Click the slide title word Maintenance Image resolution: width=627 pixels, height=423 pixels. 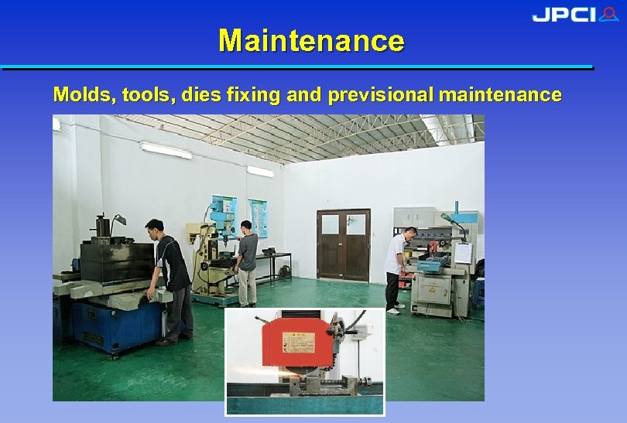(311, 40)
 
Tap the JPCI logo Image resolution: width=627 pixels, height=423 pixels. (574, 15)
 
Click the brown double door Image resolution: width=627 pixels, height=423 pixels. (343, 244)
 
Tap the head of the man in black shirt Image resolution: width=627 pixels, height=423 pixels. (155, 229)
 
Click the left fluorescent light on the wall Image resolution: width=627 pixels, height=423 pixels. (166, 150)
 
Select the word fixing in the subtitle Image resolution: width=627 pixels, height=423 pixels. (254, 95)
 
